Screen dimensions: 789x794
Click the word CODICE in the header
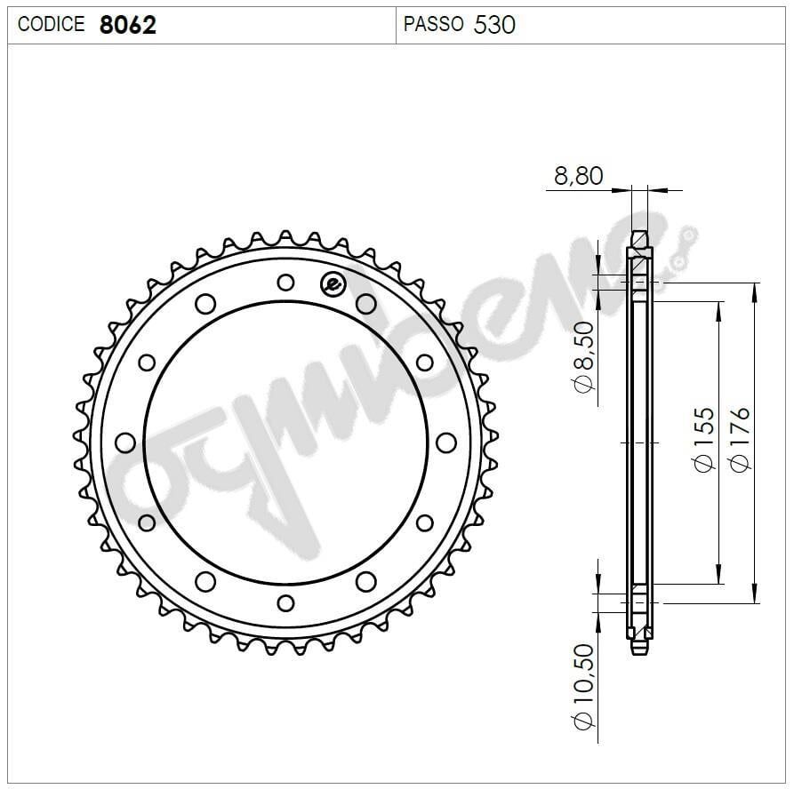tap(51, 25)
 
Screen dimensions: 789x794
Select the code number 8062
tap(127, 25)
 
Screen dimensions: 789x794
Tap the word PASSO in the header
tap(433, 24)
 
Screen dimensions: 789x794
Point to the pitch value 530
tap(494, 24)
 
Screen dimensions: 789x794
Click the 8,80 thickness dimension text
tap(578, 176)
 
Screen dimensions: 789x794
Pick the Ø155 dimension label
tap(703, 440)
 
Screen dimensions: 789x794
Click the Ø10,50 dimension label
tap(583, 688)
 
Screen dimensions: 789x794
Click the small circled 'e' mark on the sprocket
tap(332, 283)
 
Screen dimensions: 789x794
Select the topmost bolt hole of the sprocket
tap(285, 283)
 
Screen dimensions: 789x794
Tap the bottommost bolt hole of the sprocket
tap(285, 603)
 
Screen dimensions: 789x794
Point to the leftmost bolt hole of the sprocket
tap(125, 442)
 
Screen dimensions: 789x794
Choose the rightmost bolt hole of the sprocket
tap(446, 442)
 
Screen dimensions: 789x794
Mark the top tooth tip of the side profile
tap(639, 235)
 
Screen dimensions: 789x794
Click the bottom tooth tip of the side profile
tap(639, 650)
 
